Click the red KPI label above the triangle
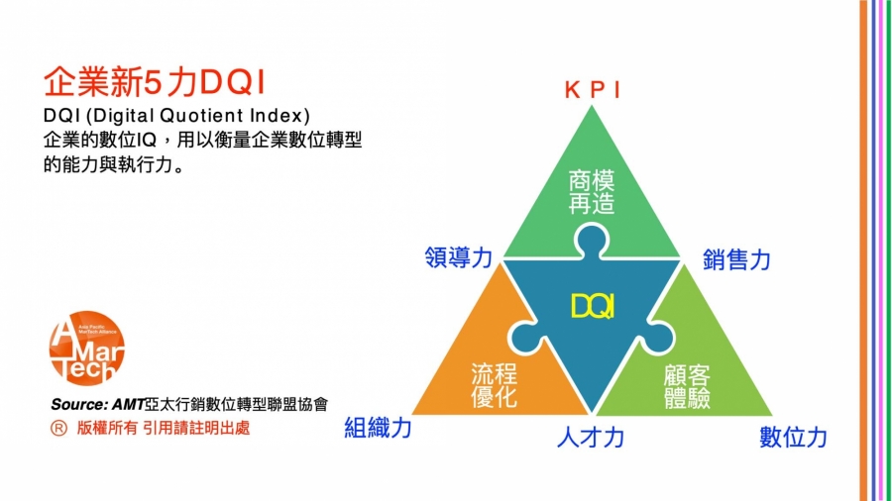[593, 90]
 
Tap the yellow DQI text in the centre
[592, 307]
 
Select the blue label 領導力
[459, 257]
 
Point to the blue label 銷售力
[736, 259]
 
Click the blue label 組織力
[378, 427]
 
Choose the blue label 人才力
[591, 438]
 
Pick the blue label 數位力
[793, 438]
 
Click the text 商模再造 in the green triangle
[592, 192]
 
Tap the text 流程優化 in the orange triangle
[494, 385]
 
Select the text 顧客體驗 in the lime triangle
[687, 386]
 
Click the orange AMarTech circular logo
[86, 348]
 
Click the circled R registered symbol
[58, 429]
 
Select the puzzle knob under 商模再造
[592, 242]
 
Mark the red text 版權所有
[107, 428]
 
